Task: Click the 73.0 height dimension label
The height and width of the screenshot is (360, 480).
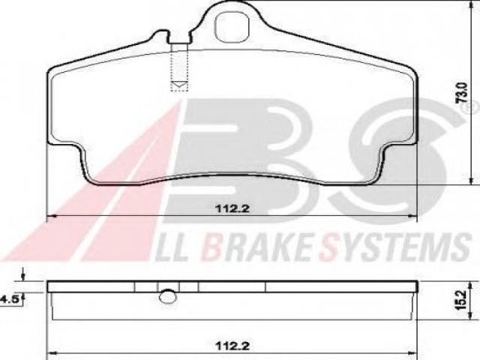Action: pyautogui.click(x=462, y=92)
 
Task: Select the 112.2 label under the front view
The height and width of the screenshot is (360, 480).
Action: pyautogui.click(x=232, y=208)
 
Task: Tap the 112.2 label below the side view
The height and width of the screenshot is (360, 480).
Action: pyautogui.click(x=232, y=346)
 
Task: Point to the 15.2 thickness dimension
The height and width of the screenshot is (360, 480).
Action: pyautogui.click(x=461, y=300)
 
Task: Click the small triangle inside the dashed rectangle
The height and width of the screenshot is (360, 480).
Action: pyautogui.click(x=180, y=85)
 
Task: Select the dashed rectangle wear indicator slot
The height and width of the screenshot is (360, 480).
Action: pyautogui.click(x=179, y=67)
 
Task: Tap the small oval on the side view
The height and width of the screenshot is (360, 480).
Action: pyautogui.click(x=168, y=297)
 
